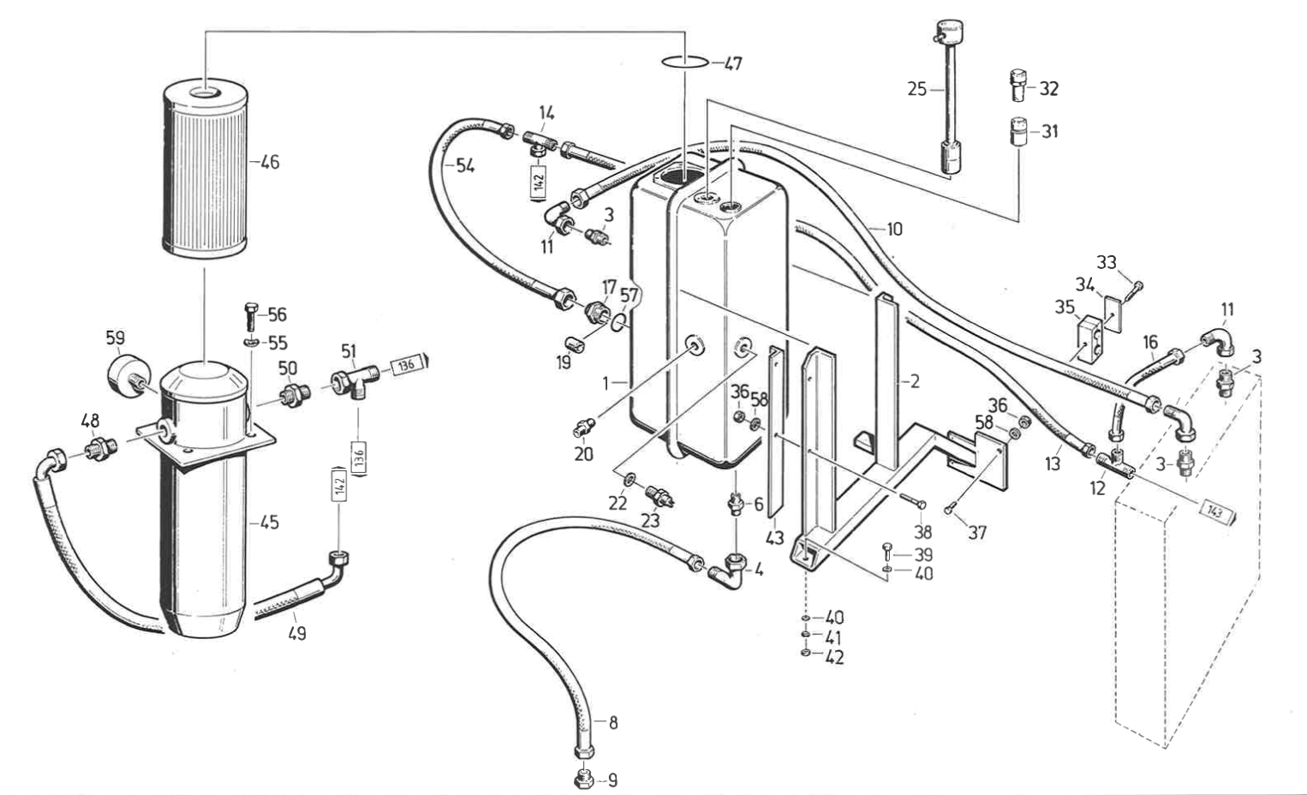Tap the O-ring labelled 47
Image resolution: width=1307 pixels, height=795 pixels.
(x=685, y=62)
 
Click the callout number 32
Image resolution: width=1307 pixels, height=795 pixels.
(x=1048, y=89)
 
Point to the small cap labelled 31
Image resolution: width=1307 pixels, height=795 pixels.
(x=1018, y=131)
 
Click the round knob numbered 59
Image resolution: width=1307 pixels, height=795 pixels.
(x=128, y=374)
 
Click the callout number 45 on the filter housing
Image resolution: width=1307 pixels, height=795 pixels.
(x=269, y=522)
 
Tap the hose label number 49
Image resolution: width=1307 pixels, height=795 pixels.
(x=296, y=634)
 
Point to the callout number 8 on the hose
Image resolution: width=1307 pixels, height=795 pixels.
(x=612, y=722)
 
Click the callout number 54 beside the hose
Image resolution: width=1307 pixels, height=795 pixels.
(x=464, y=166)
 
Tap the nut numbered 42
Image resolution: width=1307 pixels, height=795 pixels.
(x=806, y=656)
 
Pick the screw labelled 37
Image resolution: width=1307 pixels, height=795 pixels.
(x=950, y=511)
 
